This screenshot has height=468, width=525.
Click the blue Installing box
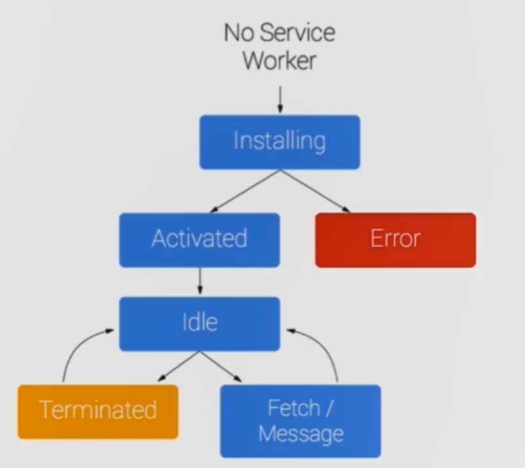click(280, 142)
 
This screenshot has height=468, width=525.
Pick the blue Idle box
click(199, 323)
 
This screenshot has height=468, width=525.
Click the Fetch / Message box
click(300, 421)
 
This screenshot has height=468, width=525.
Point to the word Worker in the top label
click(279, 60)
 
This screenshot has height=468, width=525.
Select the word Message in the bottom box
click(301, 434)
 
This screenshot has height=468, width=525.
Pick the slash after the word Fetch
click(328, 408)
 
